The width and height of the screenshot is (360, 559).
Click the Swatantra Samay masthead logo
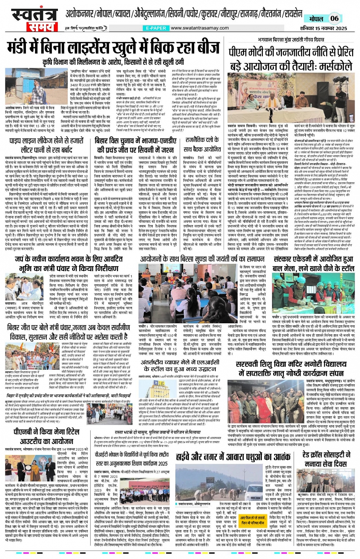[x=32, y=19]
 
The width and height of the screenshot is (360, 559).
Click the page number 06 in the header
[x=334, y=18]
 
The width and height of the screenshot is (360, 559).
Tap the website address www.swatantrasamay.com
[x=200, y=28]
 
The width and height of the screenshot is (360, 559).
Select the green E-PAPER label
[x=156, y=28]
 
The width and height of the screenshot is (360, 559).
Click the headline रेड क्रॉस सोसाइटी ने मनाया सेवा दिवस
[x=326, y=459]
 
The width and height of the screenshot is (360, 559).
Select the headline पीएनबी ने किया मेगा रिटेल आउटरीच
[x=46, y=437]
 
